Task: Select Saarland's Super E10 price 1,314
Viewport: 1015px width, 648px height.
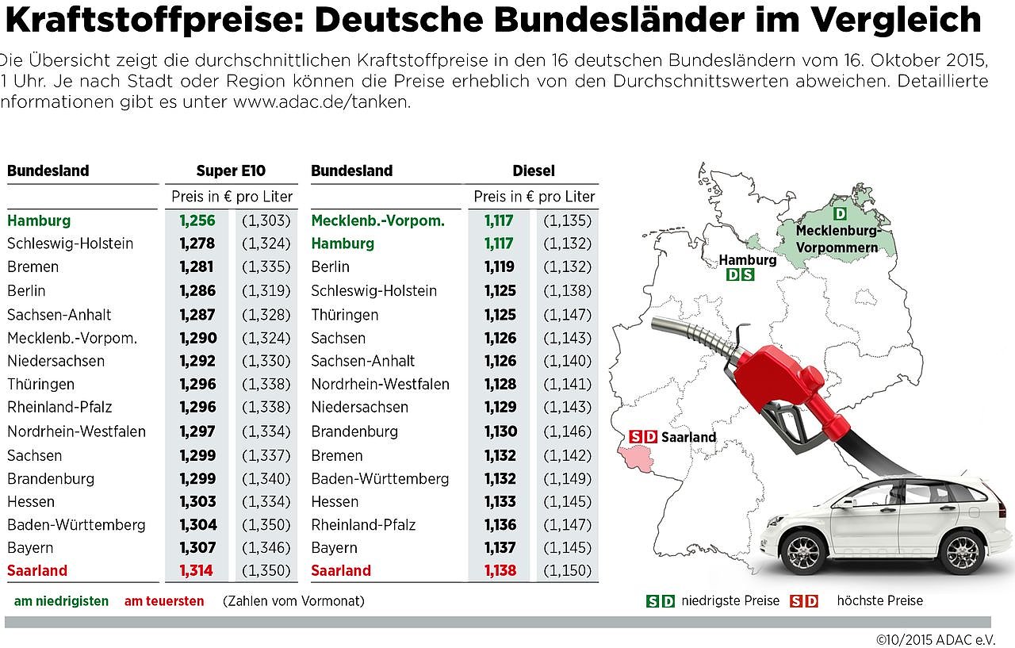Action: click(x=197, y=570)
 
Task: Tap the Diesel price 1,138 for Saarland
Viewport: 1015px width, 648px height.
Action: click(x=500, y=570)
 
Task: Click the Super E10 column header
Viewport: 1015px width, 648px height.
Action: click(x=231, y=171)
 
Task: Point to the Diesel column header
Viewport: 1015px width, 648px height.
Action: click(x=534, y=171)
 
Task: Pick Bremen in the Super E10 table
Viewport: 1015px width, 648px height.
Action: click(x=33, y=266)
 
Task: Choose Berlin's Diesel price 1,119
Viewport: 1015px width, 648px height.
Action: click(x=500, y=266)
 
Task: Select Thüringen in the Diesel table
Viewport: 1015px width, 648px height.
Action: click(x=344, y=314)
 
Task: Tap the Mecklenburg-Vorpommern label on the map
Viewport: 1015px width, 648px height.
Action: click(x=837, y=239)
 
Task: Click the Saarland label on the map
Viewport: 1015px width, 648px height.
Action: click(x=688, y=437)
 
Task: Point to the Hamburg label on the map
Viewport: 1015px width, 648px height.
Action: click(x=748, y=260)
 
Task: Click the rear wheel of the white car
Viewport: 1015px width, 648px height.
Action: click(x=963, y=550)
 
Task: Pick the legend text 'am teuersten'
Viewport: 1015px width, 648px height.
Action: click(x=164, y=601)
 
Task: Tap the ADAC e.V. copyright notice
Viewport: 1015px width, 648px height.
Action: click(x=936, y=638)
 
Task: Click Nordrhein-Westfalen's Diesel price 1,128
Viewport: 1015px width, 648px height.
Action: click(x=500, y=384)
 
